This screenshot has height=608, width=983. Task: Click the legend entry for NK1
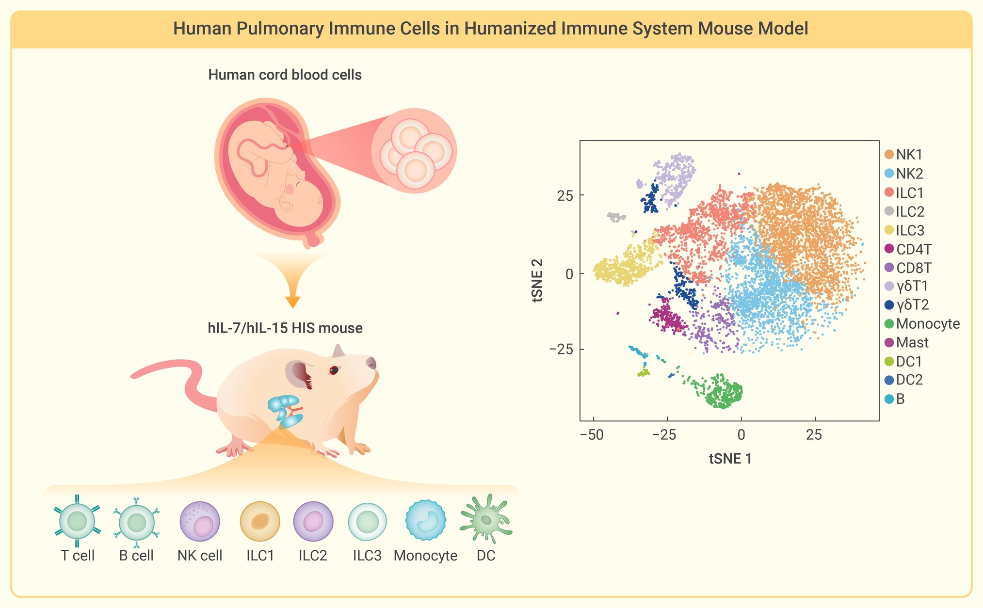pos(903,155)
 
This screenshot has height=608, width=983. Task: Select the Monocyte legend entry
pos(922,323)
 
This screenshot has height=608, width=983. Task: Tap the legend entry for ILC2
pos(904,211)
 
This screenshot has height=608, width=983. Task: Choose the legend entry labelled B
pos(895,399)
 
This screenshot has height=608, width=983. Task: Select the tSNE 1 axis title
pos(730,459)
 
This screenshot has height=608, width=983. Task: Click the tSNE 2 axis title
pos(537,281)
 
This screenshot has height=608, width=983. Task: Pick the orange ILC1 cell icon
pos(260,521)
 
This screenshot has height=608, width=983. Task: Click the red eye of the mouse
pos(334,370)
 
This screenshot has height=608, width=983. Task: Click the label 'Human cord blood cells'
pos(285,75)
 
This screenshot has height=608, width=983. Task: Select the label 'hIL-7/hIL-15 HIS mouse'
pos(285,328)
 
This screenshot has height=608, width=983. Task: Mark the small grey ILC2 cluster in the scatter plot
pos(616,217)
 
